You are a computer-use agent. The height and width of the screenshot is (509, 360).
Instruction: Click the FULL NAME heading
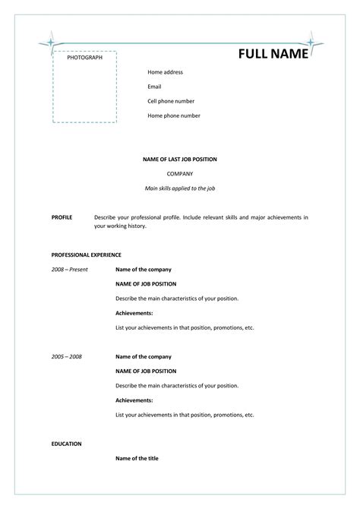coord(274,55)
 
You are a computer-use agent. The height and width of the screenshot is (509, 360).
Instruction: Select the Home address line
coord(165,72)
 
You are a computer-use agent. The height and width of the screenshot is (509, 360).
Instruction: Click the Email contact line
coord(154,87)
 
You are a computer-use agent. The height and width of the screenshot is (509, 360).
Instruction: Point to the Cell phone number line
coord(171,101)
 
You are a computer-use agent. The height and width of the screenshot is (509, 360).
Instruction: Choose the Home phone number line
coord(174,115)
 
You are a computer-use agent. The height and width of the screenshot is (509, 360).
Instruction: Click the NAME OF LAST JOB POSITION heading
coord(180,160)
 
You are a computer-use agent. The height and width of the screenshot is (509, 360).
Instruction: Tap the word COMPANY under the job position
coord(180,174)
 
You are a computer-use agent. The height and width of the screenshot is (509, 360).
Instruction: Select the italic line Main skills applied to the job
coord(180,188)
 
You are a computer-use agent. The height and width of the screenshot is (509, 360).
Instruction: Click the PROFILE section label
coord(62,217)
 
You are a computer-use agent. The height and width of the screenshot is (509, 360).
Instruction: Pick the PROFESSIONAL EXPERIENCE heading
coord(86,254)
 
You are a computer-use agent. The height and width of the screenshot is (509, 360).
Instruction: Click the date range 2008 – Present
coord(70,269)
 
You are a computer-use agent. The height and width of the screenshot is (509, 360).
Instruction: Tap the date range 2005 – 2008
coord(67,356)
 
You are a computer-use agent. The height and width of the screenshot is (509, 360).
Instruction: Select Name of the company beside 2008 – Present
coord(143,269)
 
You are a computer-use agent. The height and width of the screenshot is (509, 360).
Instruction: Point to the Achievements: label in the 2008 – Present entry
coord(134,313)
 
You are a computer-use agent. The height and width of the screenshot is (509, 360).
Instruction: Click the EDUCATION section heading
coord(66,443)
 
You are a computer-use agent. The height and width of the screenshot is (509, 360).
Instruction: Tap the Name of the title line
coord(137,458)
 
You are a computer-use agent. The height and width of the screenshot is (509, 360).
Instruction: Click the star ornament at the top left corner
coord(51,43)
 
